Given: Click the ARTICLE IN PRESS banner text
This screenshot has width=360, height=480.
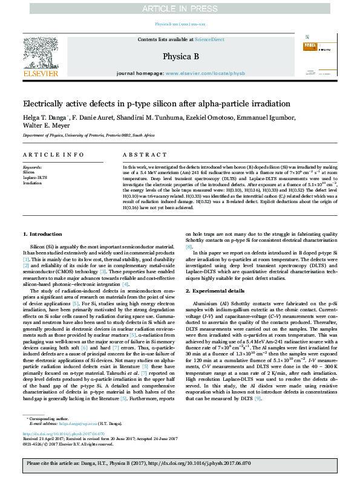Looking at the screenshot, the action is click(180, 8).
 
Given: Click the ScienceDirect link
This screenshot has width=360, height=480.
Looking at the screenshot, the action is click(209, 39).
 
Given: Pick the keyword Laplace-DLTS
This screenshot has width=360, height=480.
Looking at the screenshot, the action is click(33, 176).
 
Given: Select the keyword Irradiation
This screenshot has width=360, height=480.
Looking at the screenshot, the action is click(32, 181).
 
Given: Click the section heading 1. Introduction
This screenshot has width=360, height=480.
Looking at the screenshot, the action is click(43, 250).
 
